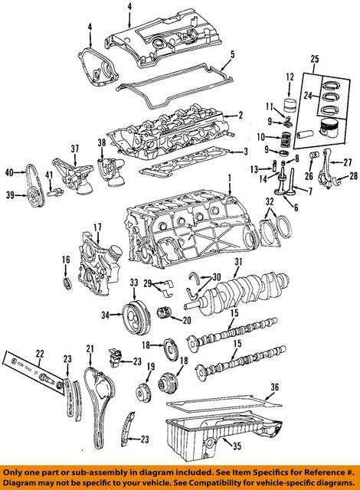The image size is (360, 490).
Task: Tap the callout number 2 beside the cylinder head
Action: point(240,116)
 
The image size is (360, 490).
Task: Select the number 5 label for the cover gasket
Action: point(231,54)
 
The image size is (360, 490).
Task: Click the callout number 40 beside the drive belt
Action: point(9,171)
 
